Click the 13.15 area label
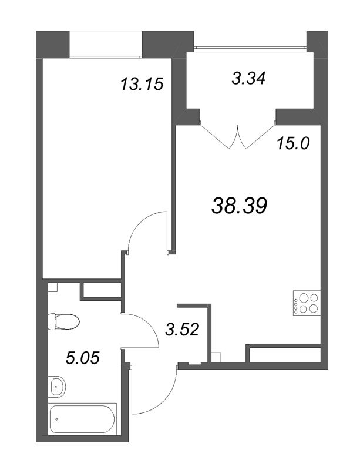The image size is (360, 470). click(141, 84)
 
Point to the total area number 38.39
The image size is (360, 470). click(239, 205)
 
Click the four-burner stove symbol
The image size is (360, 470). click(306, 303)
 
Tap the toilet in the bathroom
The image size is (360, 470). click(65, 321)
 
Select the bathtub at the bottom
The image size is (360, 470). click(83, 419)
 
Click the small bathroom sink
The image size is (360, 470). click(58, 387)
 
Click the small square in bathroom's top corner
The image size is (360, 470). click(52, 288)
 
